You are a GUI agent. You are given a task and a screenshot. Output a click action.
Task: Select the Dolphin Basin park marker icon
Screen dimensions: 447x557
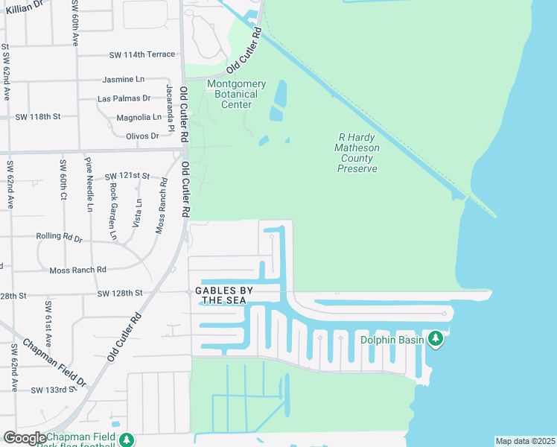pyautogui.click(x=436, y=340)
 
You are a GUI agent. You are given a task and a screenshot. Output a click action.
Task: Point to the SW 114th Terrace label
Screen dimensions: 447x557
pyautogui.click(x=141, y=54)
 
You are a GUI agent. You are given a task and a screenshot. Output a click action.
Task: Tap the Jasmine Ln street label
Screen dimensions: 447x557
pyautogui.click(x=124, y=79)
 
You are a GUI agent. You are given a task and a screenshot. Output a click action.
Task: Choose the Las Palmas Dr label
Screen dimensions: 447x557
pyautogui.click(x=124, y=98)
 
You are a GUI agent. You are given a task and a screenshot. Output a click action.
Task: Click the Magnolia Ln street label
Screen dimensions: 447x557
pyautogui.click(x=139, y=117)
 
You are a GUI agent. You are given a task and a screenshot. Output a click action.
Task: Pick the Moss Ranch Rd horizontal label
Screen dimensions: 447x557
pyautogui.click(x=77, y=270)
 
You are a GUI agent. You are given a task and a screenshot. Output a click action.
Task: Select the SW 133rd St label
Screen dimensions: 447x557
pyautogui.click(x=54, y=390)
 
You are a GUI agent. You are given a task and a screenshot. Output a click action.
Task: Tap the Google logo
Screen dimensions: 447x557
pyautogui.click(x=24, y=438)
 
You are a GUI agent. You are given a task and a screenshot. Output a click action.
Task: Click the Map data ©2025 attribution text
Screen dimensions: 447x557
pyautogui.click(x=525, y=441)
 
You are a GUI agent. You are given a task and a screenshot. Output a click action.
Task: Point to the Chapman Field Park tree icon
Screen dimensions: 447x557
pyautogui.click(x=127, y=440)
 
